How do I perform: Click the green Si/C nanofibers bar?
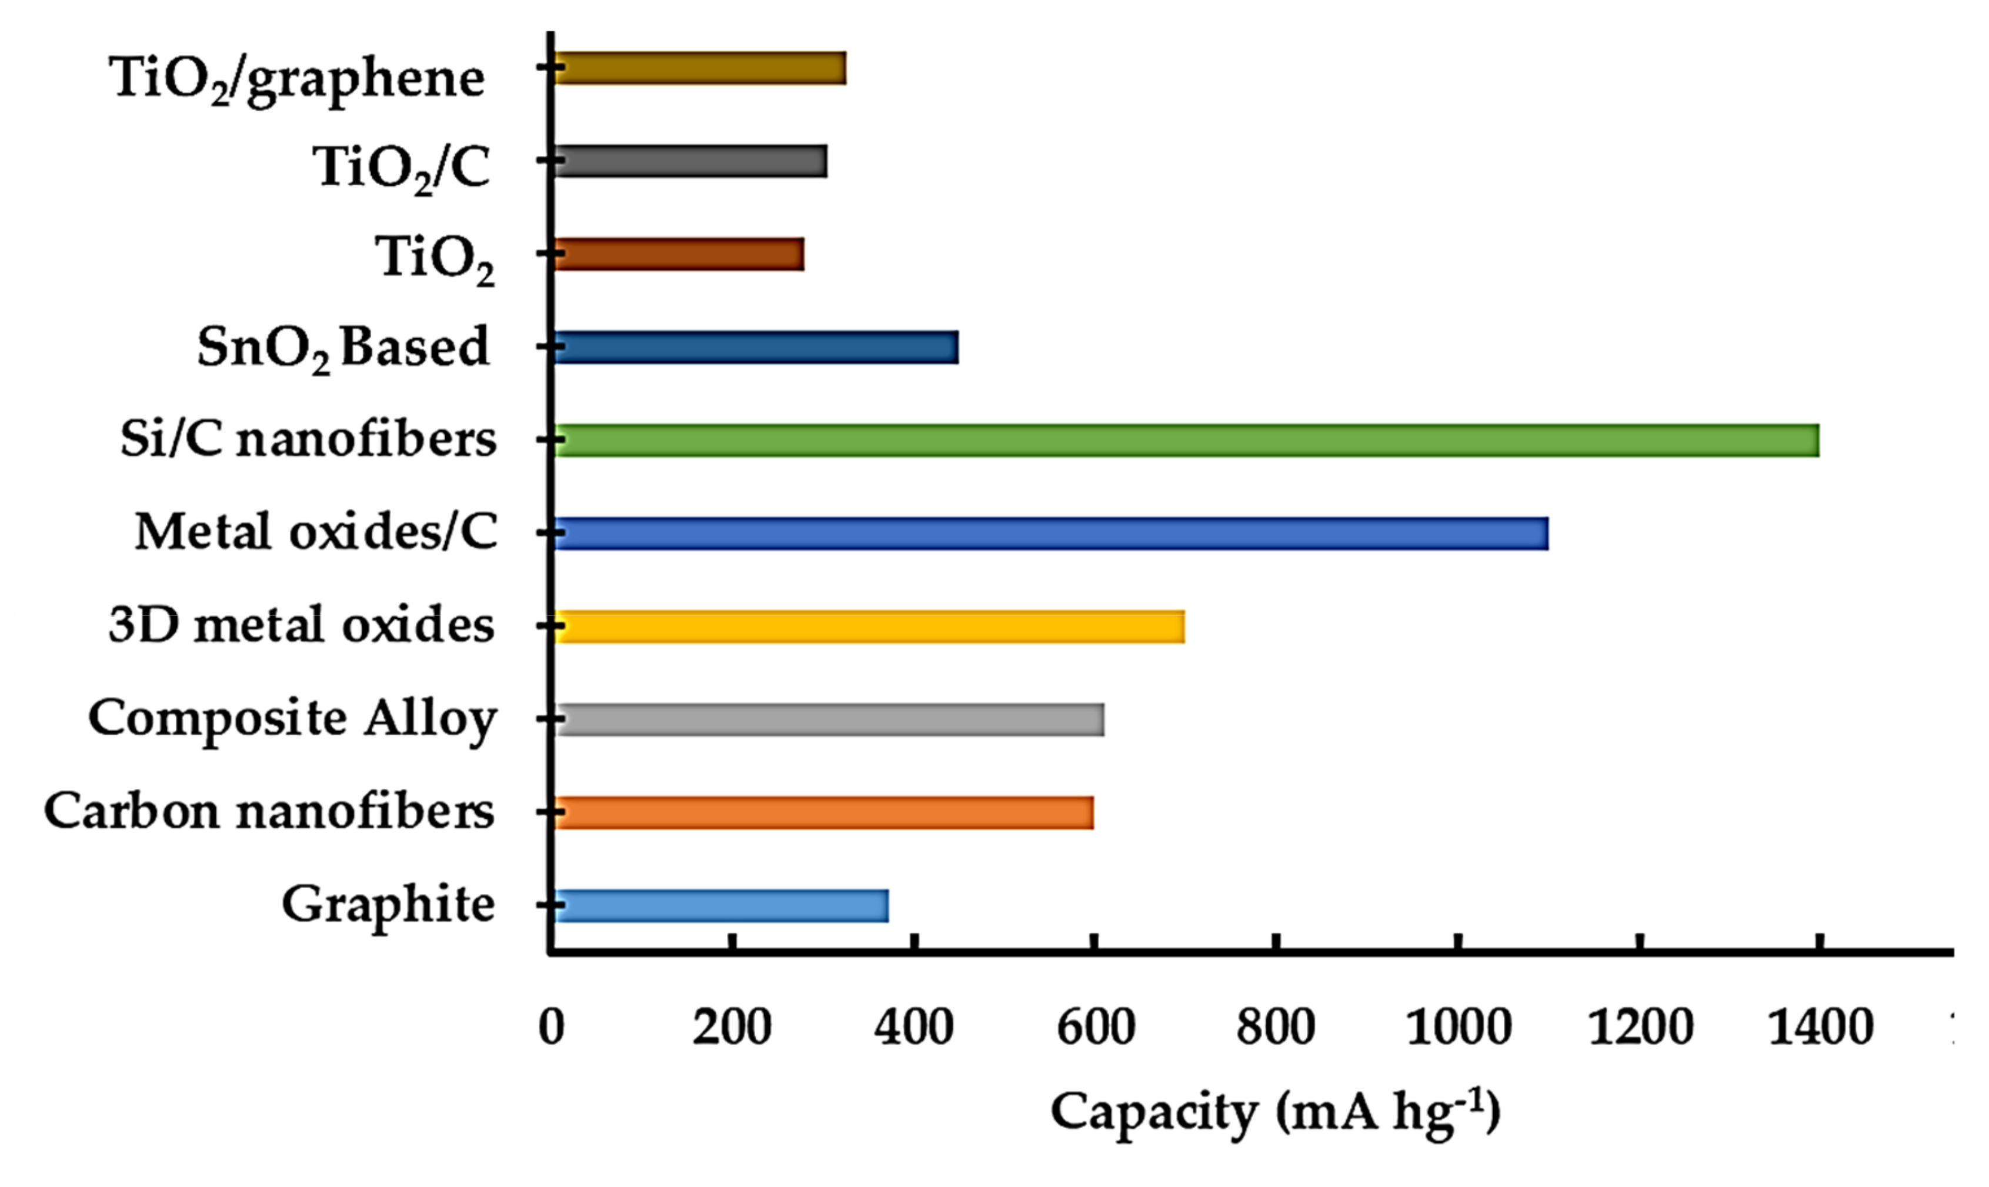click(1186, 441)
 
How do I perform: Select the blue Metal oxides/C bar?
click(1051, 534)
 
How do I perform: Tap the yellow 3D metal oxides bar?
click(869, 626)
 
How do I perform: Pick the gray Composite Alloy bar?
click(829, 720)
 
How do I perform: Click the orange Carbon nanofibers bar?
click(824, 813)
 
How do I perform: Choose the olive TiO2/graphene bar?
click(700, 69)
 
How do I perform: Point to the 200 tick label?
click(732, 1028)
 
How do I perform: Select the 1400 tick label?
click(1820, 1028)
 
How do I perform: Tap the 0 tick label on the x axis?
click(552, 1028)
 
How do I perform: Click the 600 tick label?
click(1096, 1028)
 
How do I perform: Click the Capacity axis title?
click(1275, 1113)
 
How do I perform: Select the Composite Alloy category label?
click(293, 719)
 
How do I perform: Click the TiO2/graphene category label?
click(297, 80)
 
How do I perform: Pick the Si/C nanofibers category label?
click(309, 440)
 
